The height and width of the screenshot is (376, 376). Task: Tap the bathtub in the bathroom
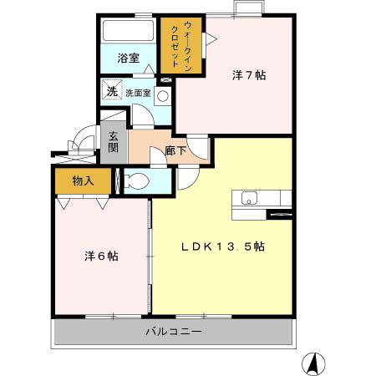click(127, 33)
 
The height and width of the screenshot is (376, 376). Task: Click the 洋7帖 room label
click(248, 75)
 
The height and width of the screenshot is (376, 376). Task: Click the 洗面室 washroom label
click(138, 93)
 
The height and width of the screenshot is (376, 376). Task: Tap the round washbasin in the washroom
click(162, 95)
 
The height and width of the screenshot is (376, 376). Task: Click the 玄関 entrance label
click(112, 143)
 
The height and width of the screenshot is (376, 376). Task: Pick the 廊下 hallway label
click(175, 151)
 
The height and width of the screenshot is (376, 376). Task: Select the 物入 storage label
click(82, 180)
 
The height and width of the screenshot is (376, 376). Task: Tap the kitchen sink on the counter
click(250, 198)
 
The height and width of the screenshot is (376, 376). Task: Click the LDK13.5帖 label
click(224, 246)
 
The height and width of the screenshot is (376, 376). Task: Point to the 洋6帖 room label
click(100, 257)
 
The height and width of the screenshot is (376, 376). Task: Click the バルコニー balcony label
click(173, 332)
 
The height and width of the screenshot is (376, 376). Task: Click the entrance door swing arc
click(83, 138)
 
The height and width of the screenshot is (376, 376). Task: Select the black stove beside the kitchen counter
click(280, 214)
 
